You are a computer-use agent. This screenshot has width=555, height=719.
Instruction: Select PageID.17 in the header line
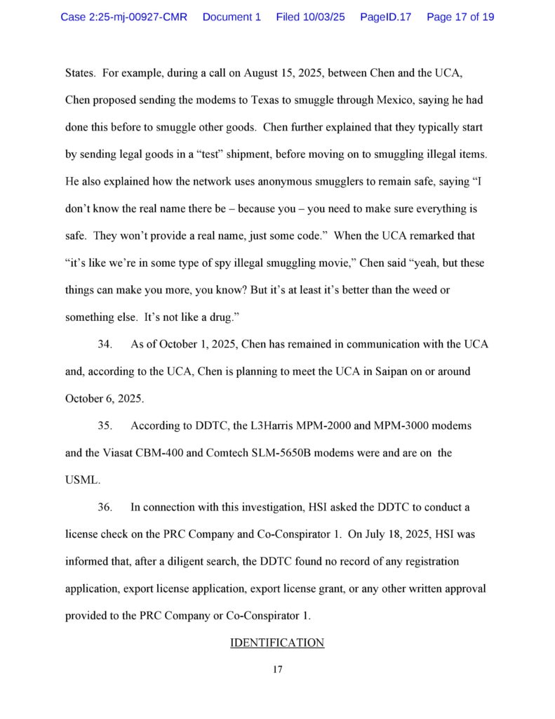[x=385, y=16]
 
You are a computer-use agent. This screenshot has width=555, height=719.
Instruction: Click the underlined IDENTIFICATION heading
[x=277, y=642]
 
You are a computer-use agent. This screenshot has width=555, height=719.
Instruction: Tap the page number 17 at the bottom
[x=277, y=670]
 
